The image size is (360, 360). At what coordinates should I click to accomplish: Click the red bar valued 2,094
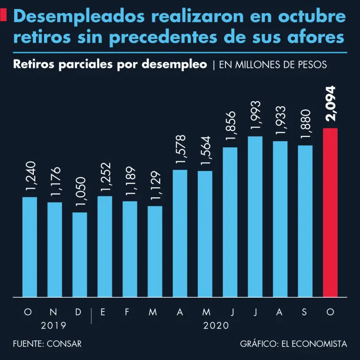[330, 212]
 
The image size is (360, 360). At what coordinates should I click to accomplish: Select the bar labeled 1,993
[255, 217]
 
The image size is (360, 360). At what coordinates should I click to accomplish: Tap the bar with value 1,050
[80, 255]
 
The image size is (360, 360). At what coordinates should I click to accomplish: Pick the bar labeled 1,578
[180, 233]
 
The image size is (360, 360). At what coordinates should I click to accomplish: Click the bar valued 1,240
[30, 247]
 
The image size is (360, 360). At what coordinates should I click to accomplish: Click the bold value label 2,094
[330, 104]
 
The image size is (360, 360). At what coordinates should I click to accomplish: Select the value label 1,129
[156, 186]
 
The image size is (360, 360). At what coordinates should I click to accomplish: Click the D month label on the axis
[78, 312]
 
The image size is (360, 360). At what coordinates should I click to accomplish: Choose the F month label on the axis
[127, 312]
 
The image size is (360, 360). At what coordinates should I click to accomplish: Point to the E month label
[103, 312]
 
